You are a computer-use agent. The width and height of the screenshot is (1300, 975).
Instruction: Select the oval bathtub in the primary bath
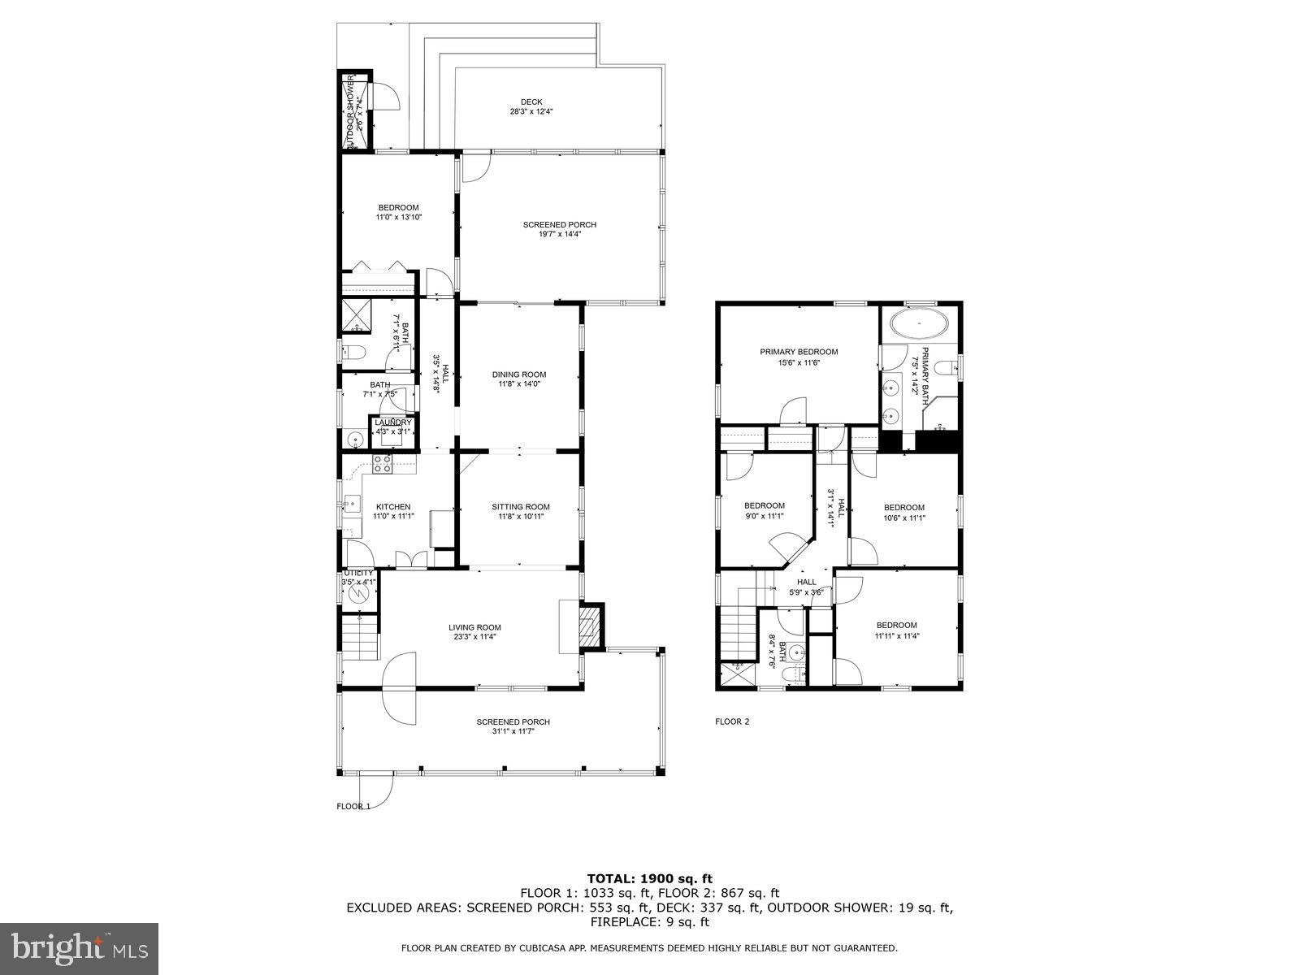919,324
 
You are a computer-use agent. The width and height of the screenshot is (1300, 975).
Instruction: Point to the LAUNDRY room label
393,422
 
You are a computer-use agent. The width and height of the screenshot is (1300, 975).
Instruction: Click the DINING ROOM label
519,375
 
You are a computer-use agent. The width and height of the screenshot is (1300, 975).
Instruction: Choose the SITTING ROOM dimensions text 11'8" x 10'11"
520,517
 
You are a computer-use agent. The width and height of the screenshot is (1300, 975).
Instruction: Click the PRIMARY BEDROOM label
799,352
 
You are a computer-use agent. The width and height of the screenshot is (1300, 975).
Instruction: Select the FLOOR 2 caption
732,721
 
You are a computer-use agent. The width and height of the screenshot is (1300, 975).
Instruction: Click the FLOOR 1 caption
353,807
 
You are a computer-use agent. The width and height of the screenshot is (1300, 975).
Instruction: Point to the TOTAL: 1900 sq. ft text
649,878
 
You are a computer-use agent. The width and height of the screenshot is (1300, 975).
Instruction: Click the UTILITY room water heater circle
358,595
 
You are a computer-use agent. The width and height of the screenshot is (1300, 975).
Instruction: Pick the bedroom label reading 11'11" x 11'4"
896,630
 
